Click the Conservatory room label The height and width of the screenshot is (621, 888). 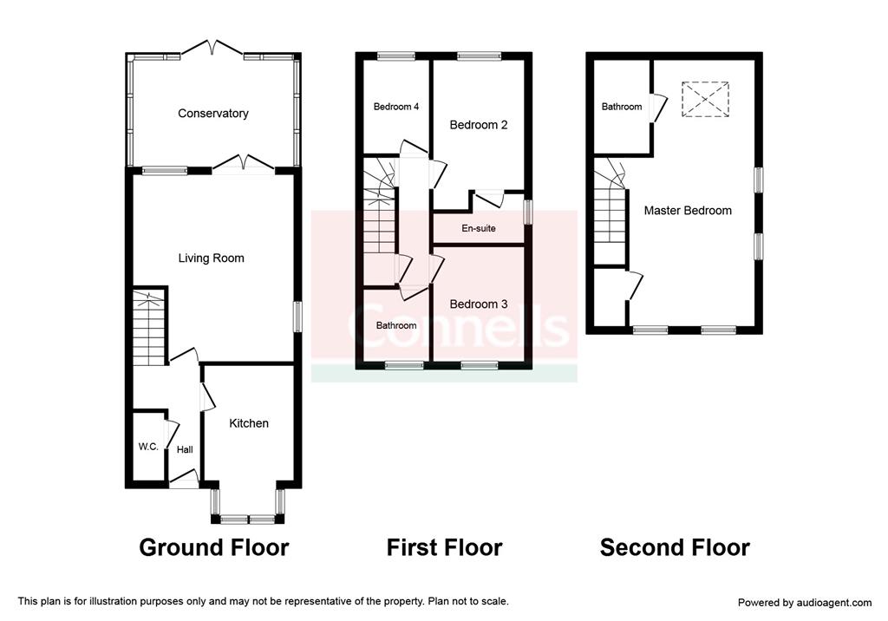point(213,114)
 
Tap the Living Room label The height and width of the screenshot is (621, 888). point(212,258)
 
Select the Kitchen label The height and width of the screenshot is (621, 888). point(249,423)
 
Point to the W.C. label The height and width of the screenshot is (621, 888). point(148,447)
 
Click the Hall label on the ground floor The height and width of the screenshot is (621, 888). point(185,450)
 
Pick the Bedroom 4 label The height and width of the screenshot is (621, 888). point(396,107)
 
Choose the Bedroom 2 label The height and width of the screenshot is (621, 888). point(479,125)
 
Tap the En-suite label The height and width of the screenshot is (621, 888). point(479,228)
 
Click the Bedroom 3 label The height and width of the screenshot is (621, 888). point(479,304)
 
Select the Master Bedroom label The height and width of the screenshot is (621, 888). point(688,211)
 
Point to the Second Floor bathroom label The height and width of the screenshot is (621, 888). point(622,107)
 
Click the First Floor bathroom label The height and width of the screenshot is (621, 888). point(396,325)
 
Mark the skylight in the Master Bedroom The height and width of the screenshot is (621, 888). point(705,100)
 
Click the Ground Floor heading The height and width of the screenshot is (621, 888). point(214,547)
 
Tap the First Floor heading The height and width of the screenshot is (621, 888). point(445,547)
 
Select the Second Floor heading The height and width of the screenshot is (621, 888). point(675,547)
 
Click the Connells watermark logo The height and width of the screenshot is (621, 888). point(459,326)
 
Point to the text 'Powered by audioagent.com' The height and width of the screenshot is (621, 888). point(805,603)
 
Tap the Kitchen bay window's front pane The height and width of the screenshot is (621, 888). point(247,519)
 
